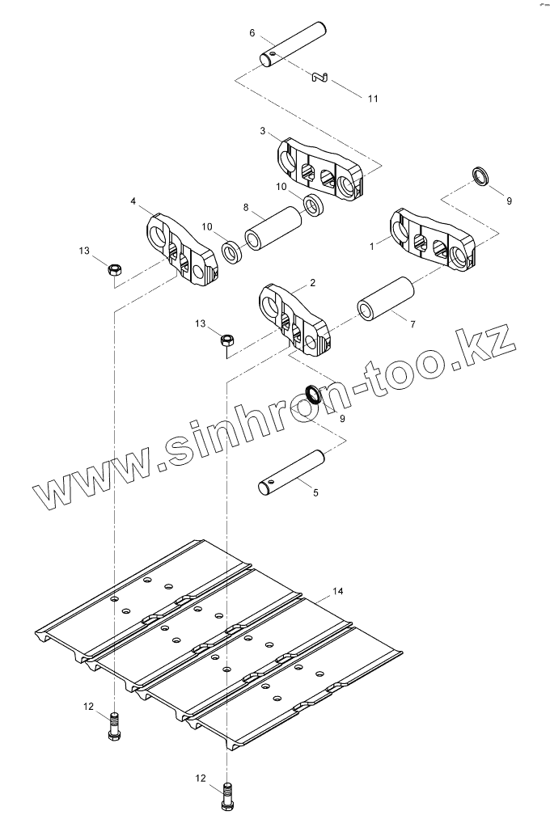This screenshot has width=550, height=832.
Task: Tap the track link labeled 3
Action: pyautogui.click(x=321, y=171)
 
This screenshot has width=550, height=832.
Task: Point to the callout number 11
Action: pyautogui.click(x=372, y=99)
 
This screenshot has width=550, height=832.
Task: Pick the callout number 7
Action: pyautogui.click(x=412, y=324)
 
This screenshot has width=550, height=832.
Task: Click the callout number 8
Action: pyautogui.click(x=246, y=208)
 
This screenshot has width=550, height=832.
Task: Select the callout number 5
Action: pyautogui.click(x=315, y=492)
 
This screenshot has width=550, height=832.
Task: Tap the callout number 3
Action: pyautogui.click(x=263, y=130)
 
